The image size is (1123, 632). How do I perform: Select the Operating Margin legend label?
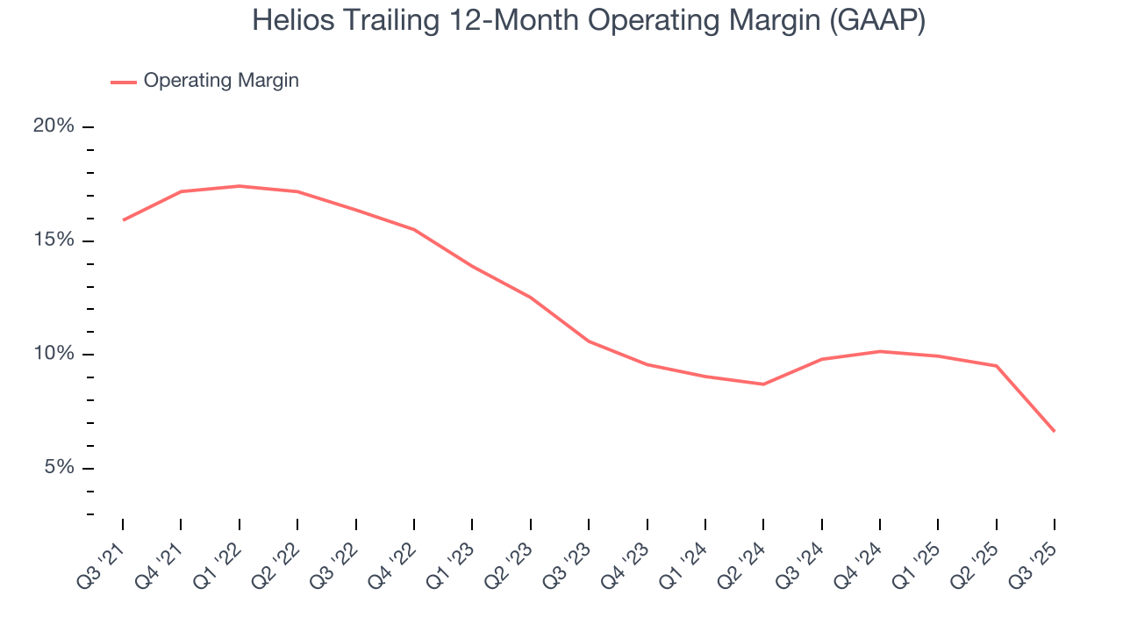[x=221, y=81]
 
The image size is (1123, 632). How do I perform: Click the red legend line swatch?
[x=123, y=82]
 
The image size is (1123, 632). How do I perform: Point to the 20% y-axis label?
[x=54, y=126]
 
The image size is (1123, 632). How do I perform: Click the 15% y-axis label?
[x=54, y=241]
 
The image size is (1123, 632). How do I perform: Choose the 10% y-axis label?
[x=54, y=354]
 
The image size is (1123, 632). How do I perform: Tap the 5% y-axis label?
[x=59, y=468]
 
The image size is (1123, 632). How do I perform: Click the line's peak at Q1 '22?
[x=239, y=186]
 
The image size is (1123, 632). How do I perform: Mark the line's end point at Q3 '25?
[x=1054, y=431]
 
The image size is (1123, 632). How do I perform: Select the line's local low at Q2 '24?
[x=763, y=384]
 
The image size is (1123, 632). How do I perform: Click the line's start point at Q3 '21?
[x=123, y=219]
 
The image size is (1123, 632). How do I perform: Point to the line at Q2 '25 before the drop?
[x=996, y=366]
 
